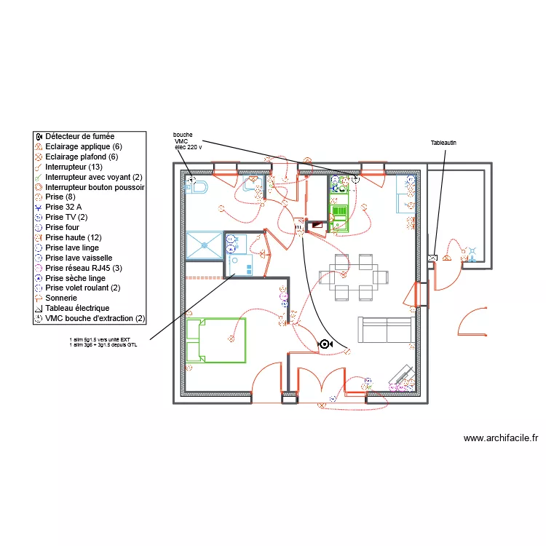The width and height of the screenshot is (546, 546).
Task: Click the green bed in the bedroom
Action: click(215, 340)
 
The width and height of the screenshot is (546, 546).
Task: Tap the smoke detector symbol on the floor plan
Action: click(325, 344)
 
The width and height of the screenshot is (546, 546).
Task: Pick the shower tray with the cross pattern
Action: click(203, 245)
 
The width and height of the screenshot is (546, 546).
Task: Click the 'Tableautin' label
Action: click(443, 143)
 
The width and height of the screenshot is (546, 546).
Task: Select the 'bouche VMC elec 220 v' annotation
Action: click(187, 141)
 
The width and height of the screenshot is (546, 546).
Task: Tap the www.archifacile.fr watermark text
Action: click(500, 438)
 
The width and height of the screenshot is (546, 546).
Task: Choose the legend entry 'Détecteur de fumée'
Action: click(79, 136)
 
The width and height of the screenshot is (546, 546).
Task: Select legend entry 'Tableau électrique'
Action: click(76, 308)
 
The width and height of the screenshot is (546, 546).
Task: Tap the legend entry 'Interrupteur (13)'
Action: click(73, 167)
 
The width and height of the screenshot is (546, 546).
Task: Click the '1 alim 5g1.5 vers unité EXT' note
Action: click(100, 339)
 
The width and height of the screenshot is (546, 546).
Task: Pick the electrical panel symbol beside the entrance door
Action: click(433, 258)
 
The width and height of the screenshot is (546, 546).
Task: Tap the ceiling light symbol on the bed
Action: click(232, 339)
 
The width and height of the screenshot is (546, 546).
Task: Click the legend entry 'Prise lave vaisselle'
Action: click(78, 258)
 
